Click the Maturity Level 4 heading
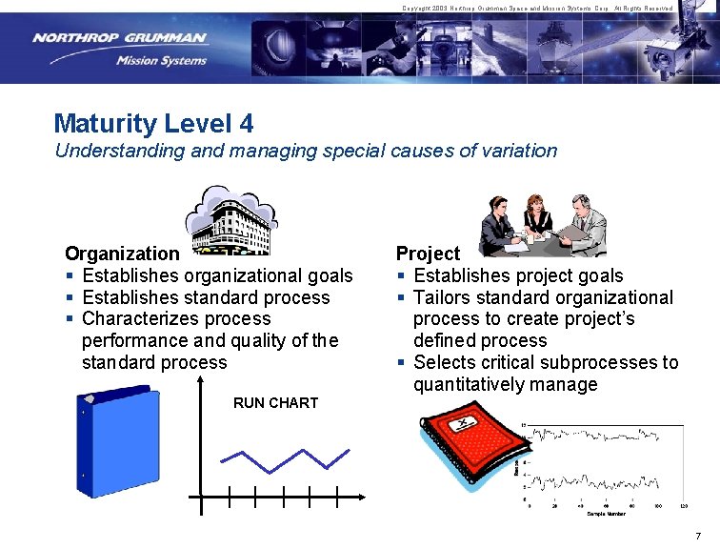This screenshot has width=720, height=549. (x=153, y=123)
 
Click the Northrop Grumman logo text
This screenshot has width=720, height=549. (x=119, y=38)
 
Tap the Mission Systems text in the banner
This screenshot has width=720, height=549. (x=161, y=61)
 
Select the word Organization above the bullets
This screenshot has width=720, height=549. (x=121, y=254)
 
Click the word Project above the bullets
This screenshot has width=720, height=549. (x=428, y=254)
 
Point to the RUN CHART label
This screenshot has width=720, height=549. (x=275, y=402)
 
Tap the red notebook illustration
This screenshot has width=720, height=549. (x=466, y=447)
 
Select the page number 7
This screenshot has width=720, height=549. (x=698, y=536)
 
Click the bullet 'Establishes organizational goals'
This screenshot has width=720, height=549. (x=217, y=275)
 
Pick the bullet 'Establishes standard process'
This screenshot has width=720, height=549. (x=206, y=297)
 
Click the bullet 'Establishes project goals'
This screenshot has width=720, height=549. (x=518, y=275)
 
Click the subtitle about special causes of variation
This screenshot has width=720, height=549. (x=306, y=151)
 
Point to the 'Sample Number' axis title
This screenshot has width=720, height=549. (x=606, y=514)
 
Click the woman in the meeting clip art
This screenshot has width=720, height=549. (x=534, y=218)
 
